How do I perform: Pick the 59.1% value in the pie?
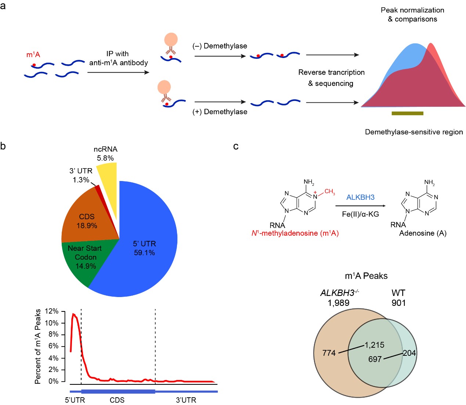click(144, 253)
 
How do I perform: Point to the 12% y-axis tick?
click(51, 311)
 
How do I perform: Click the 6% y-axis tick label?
click(53, 346)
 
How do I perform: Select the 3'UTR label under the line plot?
click(186, 400)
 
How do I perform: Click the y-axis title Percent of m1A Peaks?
click(38, 346)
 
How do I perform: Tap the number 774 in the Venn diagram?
click(329, 353)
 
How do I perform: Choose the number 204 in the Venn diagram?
click(409, 353)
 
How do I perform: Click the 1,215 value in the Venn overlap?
click(374, 345)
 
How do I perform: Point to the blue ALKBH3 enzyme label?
click(360, 197)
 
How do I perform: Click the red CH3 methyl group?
click(329, 192)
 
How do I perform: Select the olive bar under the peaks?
click(407, 113)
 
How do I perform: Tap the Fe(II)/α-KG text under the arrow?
click(360, 214)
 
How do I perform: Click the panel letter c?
click(236, 147)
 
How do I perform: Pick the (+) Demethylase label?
click(220, 112)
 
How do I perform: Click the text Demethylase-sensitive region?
click(414, 132)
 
